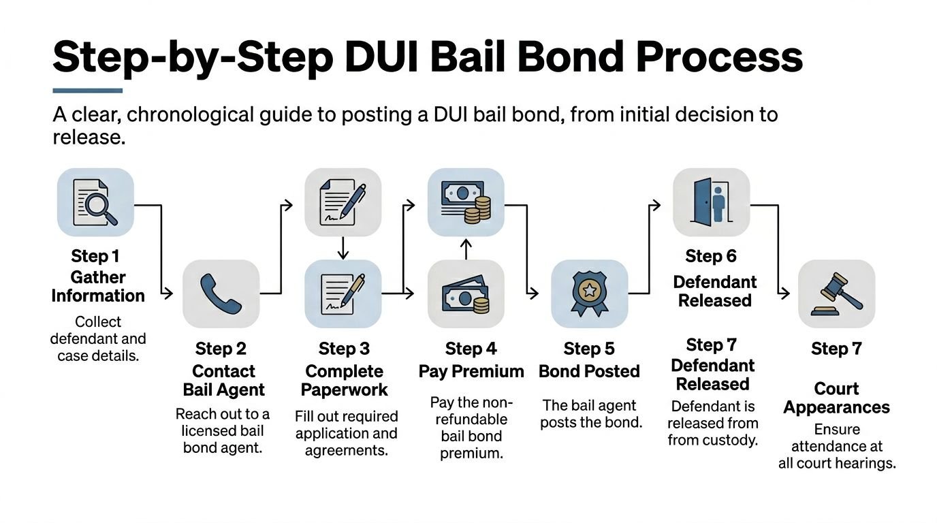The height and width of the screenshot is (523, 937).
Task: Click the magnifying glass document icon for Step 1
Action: click(95, 202)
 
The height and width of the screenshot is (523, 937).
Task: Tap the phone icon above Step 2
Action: click(221, 294)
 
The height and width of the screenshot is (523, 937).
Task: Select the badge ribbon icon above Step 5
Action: click(589, 294)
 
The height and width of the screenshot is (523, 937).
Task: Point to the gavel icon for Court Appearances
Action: click(836, 294)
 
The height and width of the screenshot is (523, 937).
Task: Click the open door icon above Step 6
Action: click(711, 202)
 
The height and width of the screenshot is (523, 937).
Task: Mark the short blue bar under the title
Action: click(87, 90)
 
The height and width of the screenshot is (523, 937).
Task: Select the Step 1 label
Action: click(95, 256)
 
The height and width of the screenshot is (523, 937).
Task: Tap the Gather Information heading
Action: click(98, 287)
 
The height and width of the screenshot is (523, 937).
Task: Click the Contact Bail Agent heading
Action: click(223, 381)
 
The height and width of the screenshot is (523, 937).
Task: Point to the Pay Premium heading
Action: click(471, 371)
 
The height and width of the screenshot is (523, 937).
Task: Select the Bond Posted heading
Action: click(589, 371)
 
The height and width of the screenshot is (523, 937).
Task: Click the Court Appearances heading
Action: click(836, 398)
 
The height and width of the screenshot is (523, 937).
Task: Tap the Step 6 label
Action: click(711, 256)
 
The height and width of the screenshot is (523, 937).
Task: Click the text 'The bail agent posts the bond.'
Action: click(591, 413)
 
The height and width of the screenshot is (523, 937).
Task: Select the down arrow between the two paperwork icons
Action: click(343, 247)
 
